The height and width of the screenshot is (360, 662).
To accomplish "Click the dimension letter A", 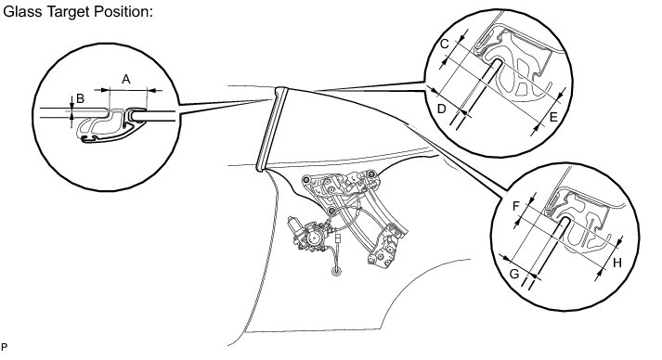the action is [x=126, y=79].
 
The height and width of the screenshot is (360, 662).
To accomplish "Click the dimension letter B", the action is [x=80, y=98].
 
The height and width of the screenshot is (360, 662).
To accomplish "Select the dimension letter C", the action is [x=444, y=44].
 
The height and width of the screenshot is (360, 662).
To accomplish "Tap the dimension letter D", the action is [x=441, y=109].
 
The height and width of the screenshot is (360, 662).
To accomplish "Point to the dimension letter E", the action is [x=553, y=117].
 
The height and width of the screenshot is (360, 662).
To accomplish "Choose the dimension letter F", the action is [x=516, y=206].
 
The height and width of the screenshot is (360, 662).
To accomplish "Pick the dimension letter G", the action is [x=514, y=275].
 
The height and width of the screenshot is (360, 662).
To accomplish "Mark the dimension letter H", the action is [x=617, y=263].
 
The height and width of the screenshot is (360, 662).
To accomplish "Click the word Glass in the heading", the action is [x=23, y=12].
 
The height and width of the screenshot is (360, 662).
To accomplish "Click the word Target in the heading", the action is [x=68, y=13].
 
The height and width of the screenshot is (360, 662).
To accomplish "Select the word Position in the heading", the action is [x=123, y=12].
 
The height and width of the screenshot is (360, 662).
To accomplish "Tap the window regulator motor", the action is [x=308, y=235].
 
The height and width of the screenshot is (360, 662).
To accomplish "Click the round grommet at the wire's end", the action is [x=336, y=271].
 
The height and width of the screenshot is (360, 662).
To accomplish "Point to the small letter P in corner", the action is [x=4, y=347].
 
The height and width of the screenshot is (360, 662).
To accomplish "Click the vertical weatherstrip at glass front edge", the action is [x=272, y=129].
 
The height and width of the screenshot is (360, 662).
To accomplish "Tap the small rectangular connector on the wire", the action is [x=338, y=238].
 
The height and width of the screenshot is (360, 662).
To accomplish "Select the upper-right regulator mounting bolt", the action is [x=371, y=174].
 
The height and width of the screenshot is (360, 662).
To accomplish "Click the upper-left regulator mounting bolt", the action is [x=305, y=180].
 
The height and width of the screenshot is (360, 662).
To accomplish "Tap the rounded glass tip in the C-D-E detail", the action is [x=498, y=62].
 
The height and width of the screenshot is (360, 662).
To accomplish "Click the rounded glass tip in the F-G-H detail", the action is [x=565, y=220].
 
